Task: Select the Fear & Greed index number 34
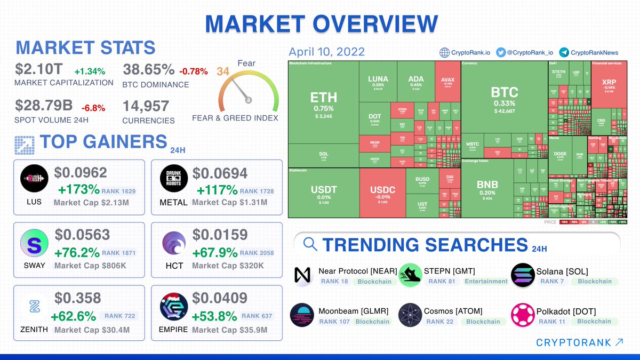click(x=223, y=71)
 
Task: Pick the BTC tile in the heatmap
click(x=504, y=99)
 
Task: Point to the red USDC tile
click(x=382, y=193)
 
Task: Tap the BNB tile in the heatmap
click(x=487, y=188)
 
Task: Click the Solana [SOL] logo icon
click(x=523, y=275)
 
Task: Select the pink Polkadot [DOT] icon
click(x=523, y=315)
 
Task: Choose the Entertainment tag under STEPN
click(x=485, y=281)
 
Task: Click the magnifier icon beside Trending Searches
click(x=310, y=244)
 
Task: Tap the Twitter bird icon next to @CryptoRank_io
click(x=500, y=52)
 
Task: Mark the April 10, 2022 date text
click(x=326, y=52)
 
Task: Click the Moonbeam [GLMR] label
click(x=353, y=311)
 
